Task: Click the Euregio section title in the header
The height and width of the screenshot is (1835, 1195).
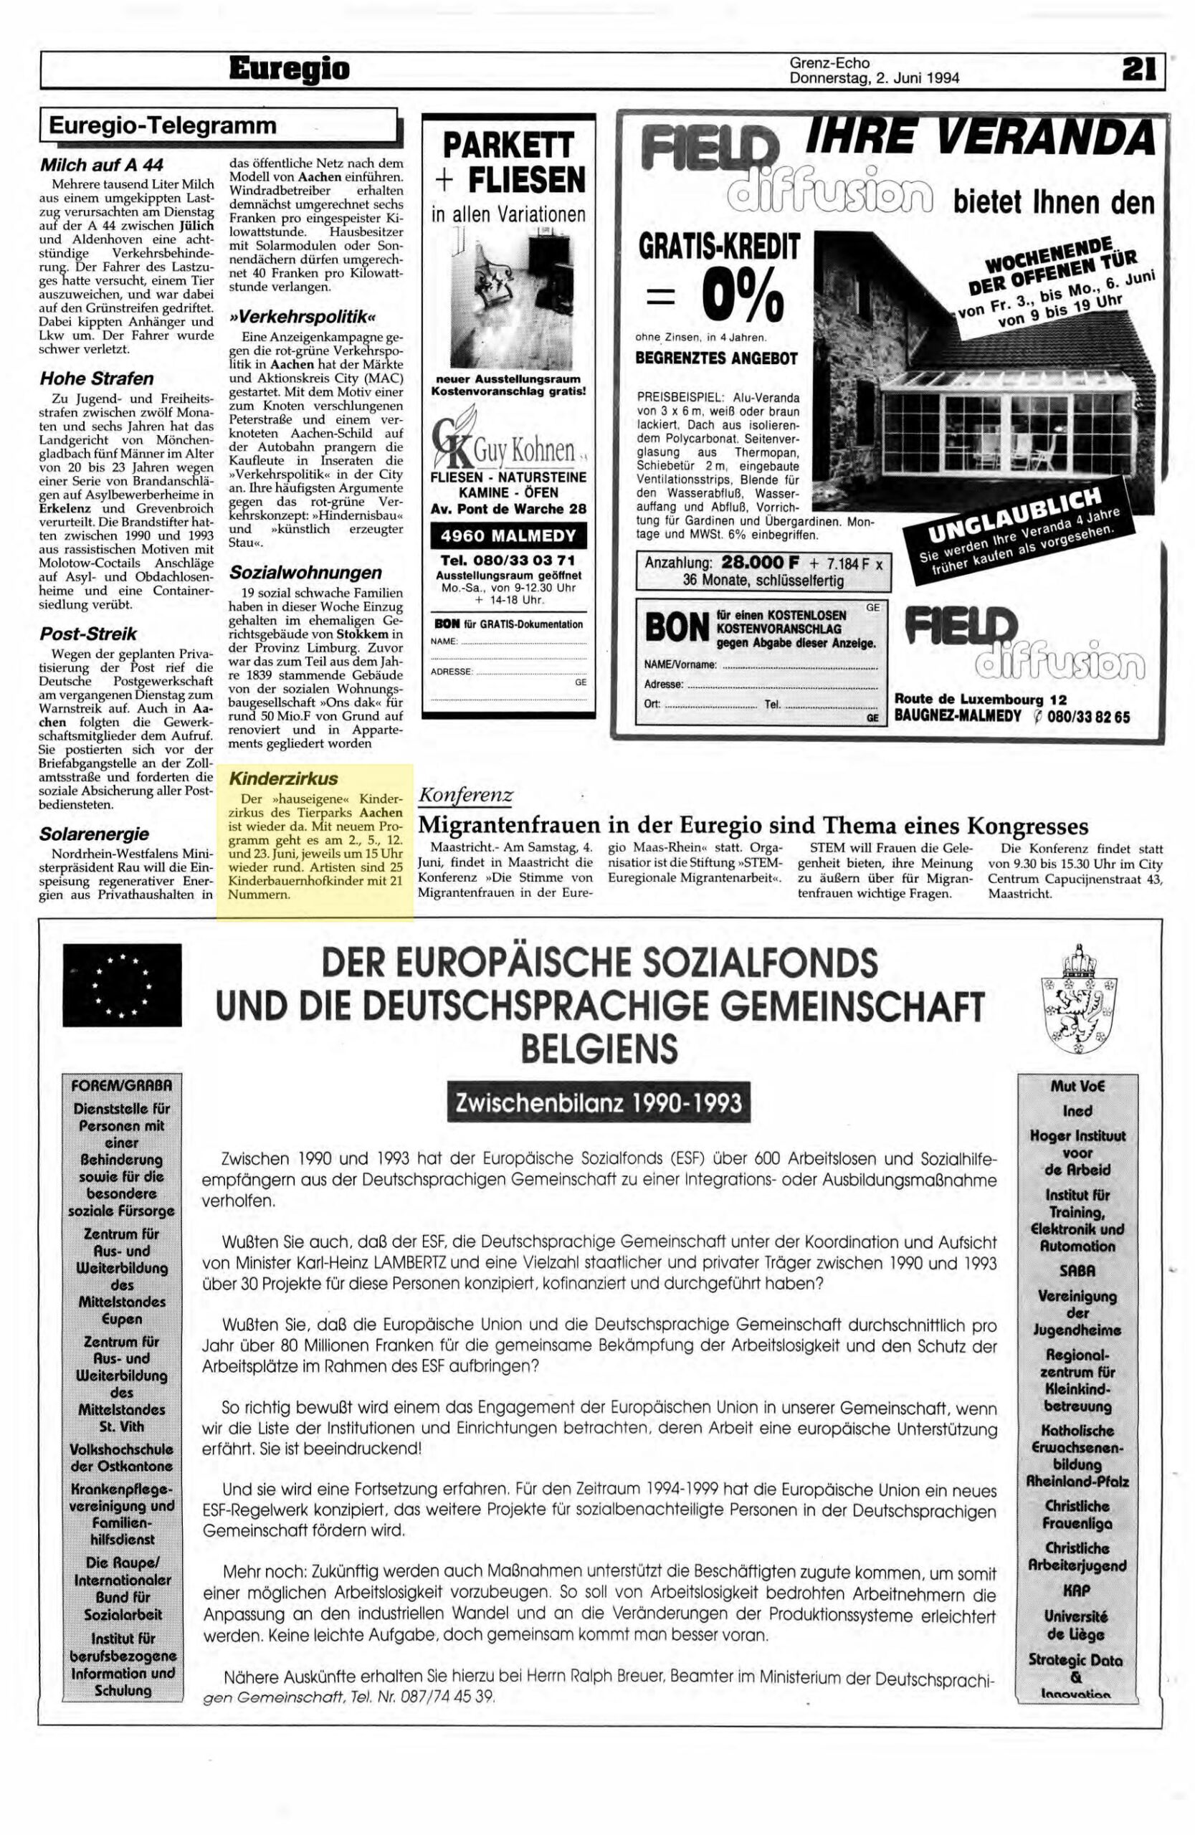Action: click(289, 70)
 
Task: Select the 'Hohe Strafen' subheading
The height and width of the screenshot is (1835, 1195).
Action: click(96, 378)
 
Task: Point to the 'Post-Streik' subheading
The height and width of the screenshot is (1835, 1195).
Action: click(88, 634)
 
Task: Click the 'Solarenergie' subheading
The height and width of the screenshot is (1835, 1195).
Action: click(94, 834)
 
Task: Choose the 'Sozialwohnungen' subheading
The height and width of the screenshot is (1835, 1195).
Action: click(305, 573)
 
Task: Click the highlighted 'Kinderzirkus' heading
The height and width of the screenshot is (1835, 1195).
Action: click(284, 778)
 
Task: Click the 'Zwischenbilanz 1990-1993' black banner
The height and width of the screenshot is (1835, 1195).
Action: click(599, 1103)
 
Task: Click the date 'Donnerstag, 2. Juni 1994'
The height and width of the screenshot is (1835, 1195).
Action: click(875, 77)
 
